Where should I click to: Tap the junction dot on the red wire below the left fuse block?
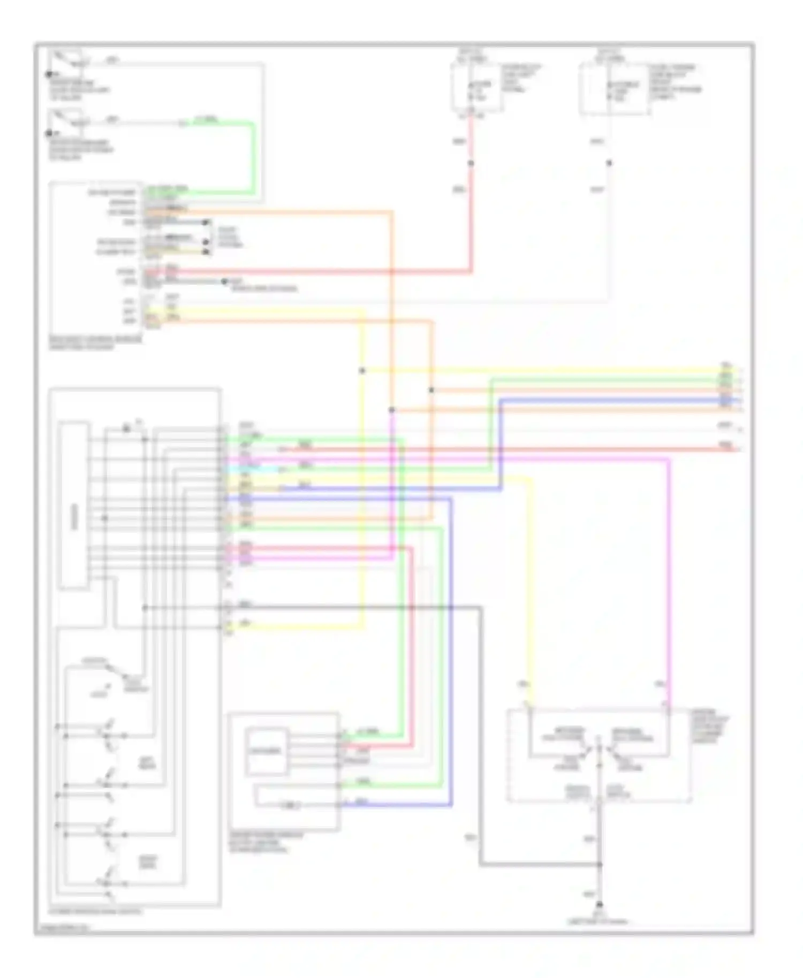[x=471, y=163]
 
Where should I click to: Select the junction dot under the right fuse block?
[x=609, y=163]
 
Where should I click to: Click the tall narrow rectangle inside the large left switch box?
[x=74, y=505]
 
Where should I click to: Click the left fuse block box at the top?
[x=476, y=88]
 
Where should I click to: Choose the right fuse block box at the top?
[x=615, y=88]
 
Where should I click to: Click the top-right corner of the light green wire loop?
[x=253, y=124]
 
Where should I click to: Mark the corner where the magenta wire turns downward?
[x=668, y=459]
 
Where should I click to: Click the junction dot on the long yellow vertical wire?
[x=362, y=370]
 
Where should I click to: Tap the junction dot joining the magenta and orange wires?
[x=392, y=410]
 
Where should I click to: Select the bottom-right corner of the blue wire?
[x=451, y=804]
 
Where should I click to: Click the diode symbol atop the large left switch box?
[x=127, y=429]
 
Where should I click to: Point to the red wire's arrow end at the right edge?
[x=739, y=448]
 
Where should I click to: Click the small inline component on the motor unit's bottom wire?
[x=290, y=805]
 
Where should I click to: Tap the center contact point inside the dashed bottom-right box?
[x=600, y=751]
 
